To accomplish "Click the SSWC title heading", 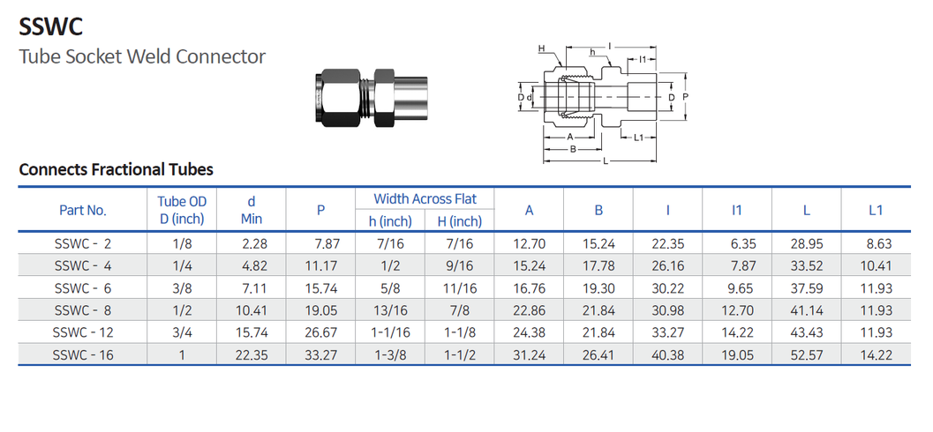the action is click(x=50, y=27).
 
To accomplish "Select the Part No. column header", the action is click(x=83, y=211).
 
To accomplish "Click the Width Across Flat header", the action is click(x=425, y=198).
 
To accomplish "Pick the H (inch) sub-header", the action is click(x=459, y=221).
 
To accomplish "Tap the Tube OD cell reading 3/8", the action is click(x=182, y=289).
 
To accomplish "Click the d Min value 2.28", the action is click(x=254, y=243).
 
